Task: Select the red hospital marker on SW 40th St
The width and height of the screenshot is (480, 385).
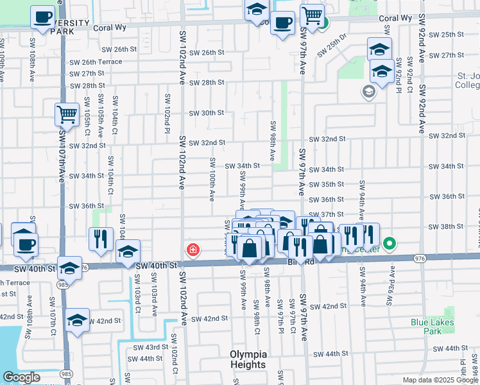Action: [192, 249]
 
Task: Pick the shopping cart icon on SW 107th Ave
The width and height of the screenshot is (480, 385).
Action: [66, 115]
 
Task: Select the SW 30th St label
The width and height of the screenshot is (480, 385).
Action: [206, 113]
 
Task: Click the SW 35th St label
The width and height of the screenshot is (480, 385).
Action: [327, 184]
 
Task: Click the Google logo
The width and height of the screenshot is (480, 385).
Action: [21, 377]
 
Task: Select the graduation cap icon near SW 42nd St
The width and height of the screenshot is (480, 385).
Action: [77, 320]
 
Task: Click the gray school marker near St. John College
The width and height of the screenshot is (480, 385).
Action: [368, 92]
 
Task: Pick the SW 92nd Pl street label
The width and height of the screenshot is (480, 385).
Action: [399, 73]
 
